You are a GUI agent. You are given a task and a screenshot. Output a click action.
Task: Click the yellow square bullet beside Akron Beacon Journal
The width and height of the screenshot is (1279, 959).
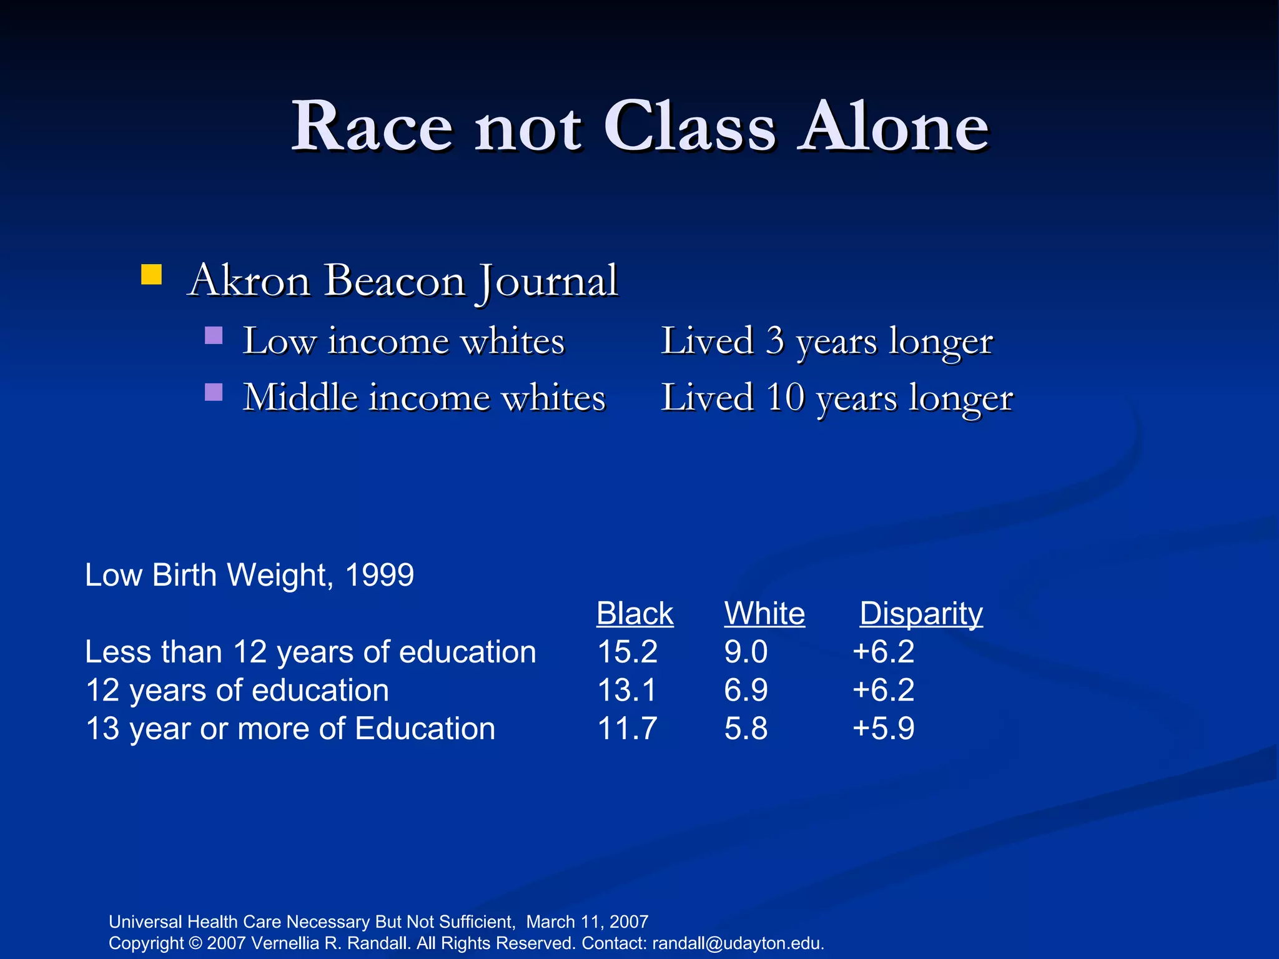[x=151, y=275]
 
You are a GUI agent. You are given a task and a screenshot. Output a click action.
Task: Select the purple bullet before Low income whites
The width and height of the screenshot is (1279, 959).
[x=214, y=336]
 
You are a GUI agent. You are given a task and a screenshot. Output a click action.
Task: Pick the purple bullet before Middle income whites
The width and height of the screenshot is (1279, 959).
[x=214, y=392]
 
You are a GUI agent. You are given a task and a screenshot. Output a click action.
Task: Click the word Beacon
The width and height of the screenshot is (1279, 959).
[x=395, y=280]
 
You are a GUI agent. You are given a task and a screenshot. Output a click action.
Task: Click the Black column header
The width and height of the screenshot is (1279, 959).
[x=635, y=613]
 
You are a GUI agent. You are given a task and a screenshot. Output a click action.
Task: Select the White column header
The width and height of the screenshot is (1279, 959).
[x=764, y=613]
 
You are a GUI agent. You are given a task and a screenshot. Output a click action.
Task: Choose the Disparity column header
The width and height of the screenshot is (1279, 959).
[x=921, y=613]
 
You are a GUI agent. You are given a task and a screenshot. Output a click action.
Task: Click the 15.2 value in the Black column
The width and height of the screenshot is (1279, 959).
[x=627, y=652]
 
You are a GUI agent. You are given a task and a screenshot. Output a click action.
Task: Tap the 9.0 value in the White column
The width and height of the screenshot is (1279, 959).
[x=746, y=652]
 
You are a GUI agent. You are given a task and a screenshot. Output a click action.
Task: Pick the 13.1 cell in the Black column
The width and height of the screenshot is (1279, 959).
[x=627, y=691]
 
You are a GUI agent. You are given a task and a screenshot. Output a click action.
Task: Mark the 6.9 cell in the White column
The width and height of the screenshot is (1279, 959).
[x=746, y=691]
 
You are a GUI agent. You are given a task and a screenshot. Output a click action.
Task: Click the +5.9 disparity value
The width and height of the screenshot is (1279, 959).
[x=883, y=729]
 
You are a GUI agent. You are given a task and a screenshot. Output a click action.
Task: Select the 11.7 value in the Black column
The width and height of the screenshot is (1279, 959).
[x=627, y=729]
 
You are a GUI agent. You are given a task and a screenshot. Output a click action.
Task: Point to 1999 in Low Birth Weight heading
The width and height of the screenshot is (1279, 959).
[x=379, y=575]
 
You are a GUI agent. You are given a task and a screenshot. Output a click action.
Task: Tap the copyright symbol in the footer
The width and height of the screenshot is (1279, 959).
[x=195, y=943]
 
